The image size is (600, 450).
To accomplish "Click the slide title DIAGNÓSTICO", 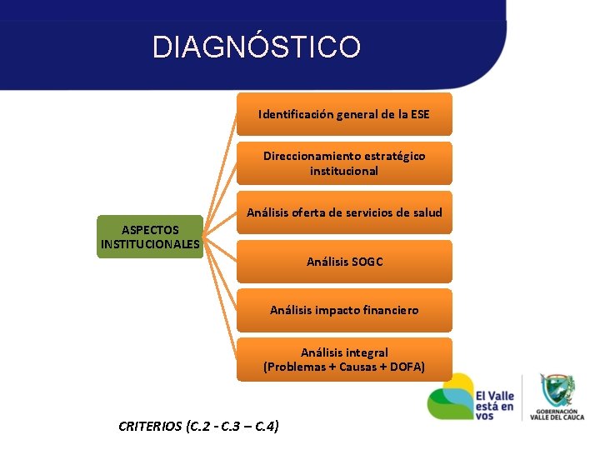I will (x=257, y=47).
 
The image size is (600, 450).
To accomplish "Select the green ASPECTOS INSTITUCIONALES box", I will (x=150, y=237).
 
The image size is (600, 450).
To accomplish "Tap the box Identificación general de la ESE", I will (x=344, y=114).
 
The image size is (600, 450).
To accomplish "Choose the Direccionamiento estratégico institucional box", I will (x=344, y=163).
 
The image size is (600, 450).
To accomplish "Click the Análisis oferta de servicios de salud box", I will (x=344, y=212).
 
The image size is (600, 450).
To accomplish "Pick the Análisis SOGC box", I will (x=344, y=262).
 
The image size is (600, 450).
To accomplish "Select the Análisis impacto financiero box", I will (x=344, y=310).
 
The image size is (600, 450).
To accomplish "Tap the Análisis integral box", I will (x=344, y=359).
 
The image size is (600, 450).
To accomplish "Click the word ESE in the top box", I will (x=419, y=114).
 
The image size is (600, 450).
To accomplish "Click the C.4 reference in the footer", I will (x=262, y=426).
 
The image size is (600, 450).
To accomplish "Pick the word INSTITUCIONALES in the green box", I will (x=150, y=244).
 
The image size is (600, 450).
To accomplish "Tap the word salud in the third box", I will (x=426, y=212).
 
